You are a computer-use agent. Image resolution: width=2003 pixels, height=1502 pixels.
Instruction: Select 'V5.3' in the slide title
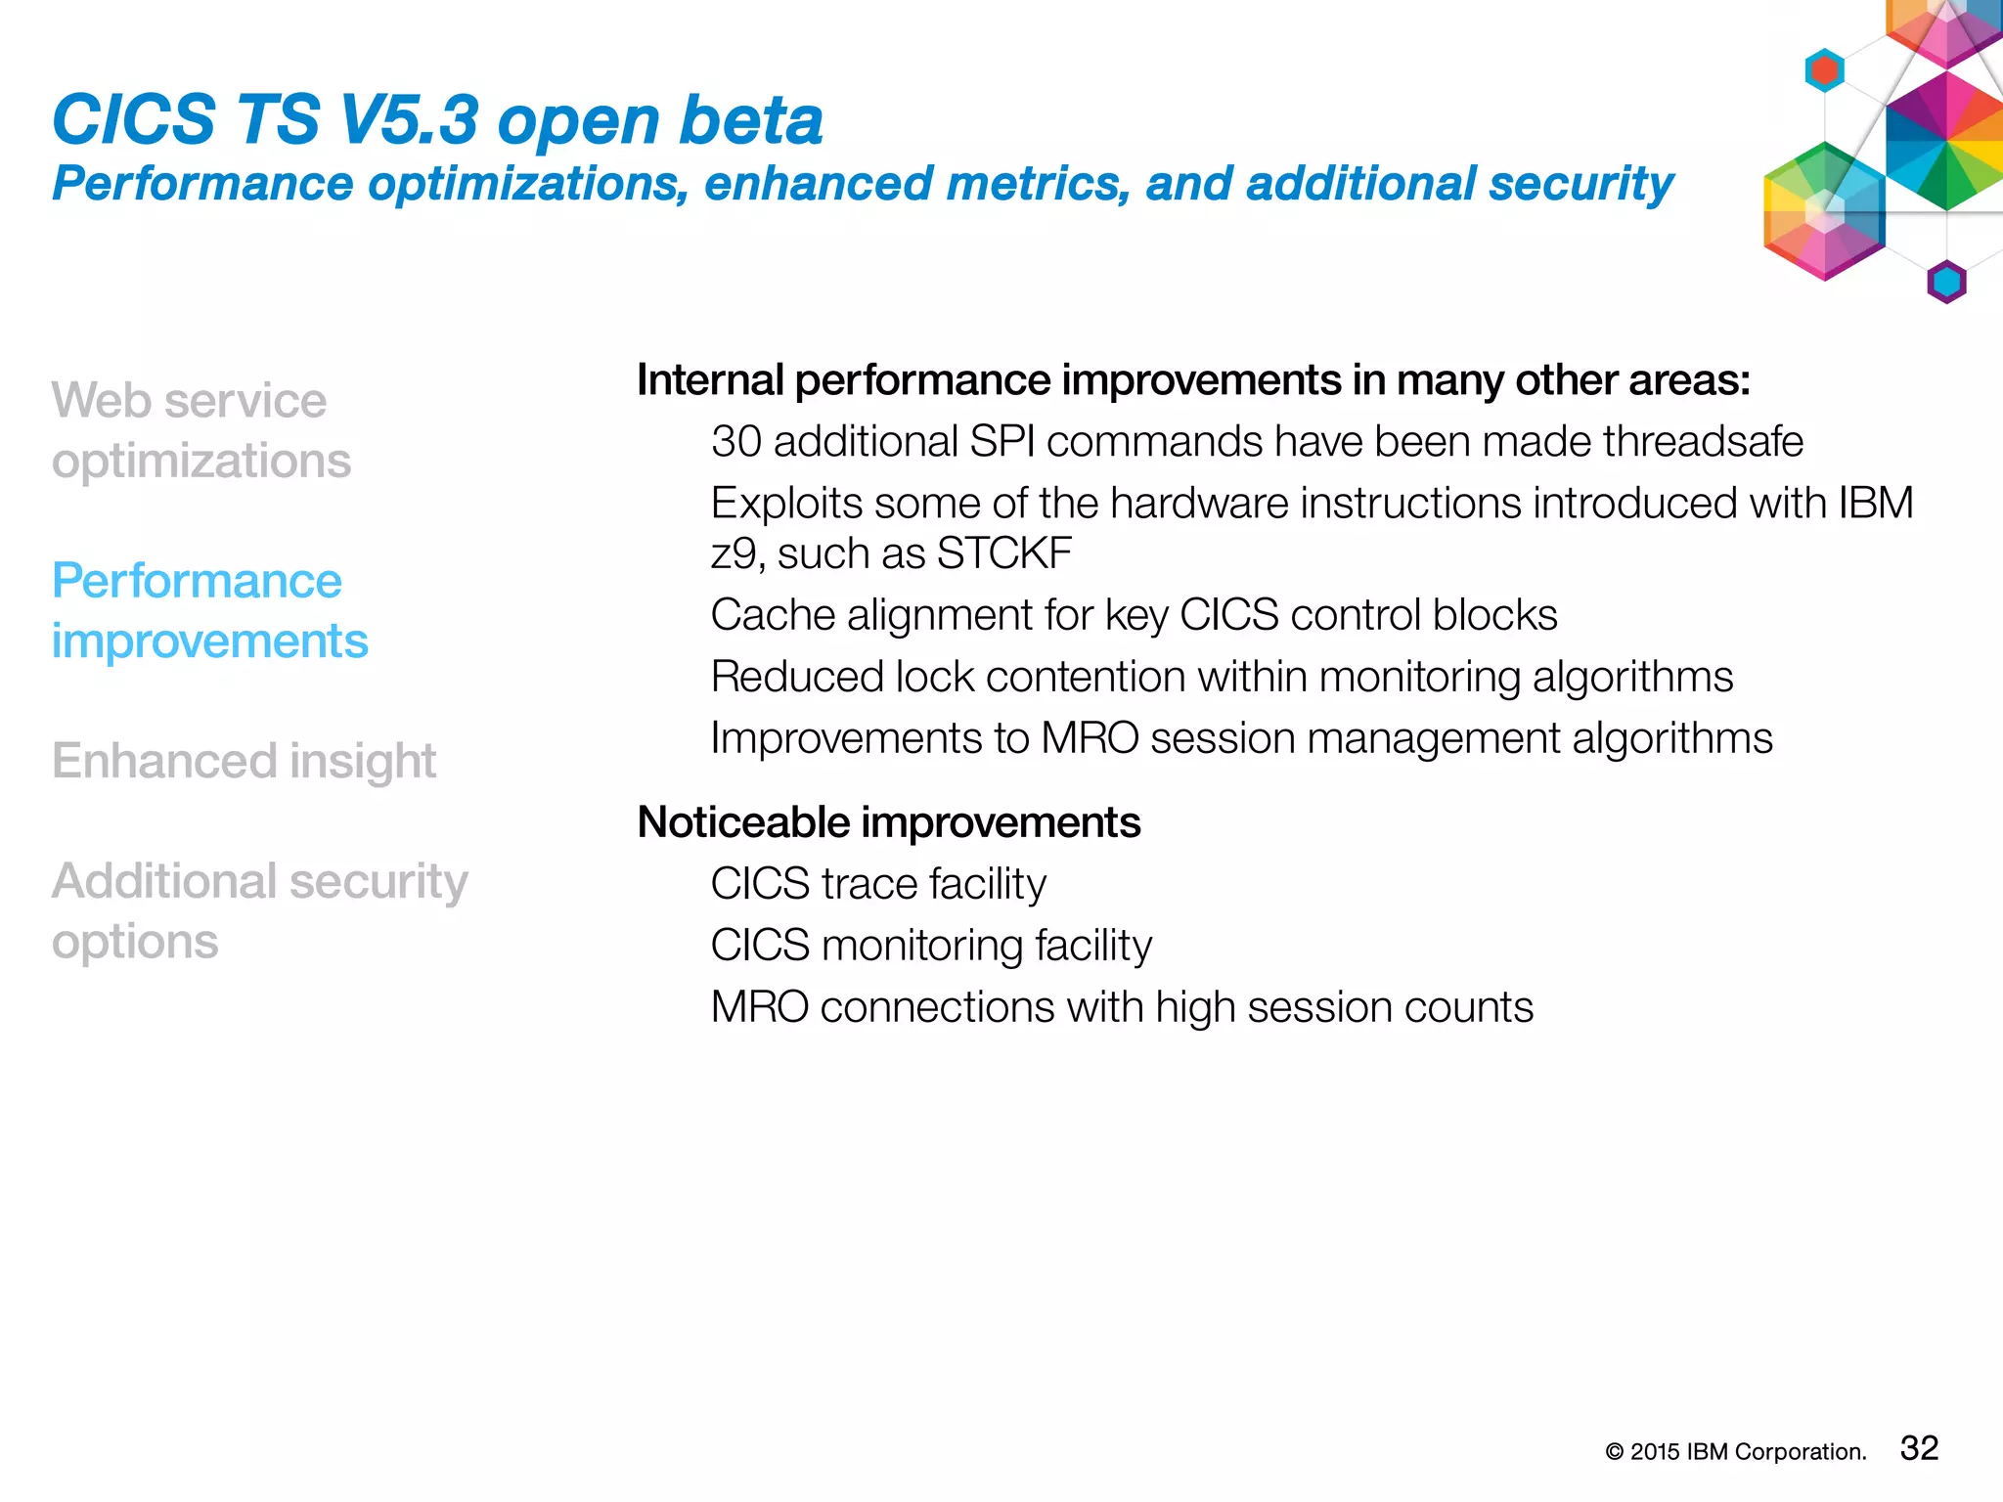[x=408, y=120]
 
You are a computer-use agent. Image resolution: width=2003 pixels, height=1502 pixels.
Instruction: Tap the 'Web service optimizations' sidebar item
[x=200, y=430]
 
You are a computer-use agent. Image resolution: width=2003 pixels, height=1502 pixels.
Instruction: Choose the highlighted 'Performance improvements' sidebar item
[x=209, y=610]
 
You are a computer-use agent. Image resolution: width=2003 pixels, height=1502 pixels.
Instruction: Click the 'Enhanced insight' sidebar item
[x=244, y=761]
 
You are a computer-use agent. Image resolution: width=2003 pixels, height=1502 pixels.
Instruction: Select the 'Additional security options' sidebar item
[x=259, y=910]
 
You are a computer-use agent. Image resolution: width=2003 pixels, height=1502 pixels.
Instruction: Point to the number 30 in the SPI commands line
[x=735, y=442]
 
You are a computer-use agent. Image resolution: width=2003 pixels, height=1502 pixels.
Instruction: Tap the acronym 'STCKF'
[x=1003, y=553]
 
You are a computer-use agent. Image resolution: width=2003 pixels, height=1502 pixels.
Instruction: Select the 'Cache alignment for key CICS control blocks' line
[x=1134, y=615]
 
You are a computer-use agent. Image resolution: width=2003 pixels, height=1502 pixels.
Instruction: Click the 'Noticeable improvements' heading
[x=888, y=822]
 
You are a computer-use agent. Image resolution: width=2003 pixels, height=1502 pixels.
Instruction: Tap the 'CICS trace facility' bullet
[x=877, y=884]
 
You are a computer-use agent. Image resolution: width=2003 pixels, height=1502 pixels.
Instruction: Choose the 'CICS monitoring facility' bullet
[x=930, y=946]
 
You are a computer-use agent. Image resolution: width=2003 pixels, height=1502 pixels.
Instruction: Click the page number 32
[x=1919, y=1448]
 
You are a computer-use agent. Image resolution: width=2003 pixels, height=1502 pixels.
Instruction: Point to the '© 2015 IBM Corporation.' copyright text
[x=1735, y=1452]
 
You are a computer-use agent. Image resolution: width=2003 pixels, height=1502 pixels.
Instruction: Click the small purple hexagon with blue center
[x=1946, y=283]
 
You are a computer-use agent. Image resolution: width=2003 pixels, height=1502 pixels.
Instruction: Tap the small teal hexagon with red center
[x=1824, y=70]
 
